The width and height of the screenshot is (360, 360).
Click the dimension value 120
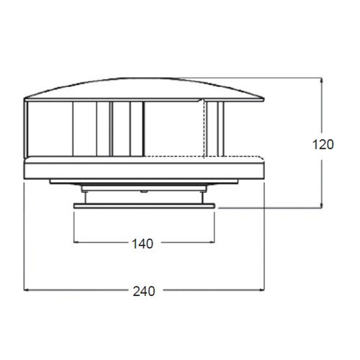(324, 144)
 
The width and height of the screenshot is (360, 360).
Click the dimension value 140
(143, 243)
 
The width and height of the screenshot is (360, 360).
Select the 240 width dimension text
(143, 291)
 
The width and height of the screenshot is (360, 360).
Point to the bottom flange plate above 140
(144, 207)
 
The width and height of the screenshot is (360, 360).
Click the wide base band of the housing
(144, 170)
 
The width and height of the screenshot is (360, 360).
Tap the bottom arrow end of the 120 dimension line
(322, 208)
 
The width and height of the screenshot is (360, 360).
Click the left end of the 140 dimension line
(75, 243)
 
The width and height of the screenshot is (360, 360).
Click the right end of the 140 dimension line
(214, 243)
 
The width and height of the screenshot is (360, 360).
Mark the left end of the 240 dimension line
(25, 291)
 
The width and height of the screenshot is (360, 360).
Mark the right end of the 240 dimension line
(264, 291)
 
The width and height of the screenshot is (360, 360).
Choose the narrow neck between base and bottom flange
(144, 194)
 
